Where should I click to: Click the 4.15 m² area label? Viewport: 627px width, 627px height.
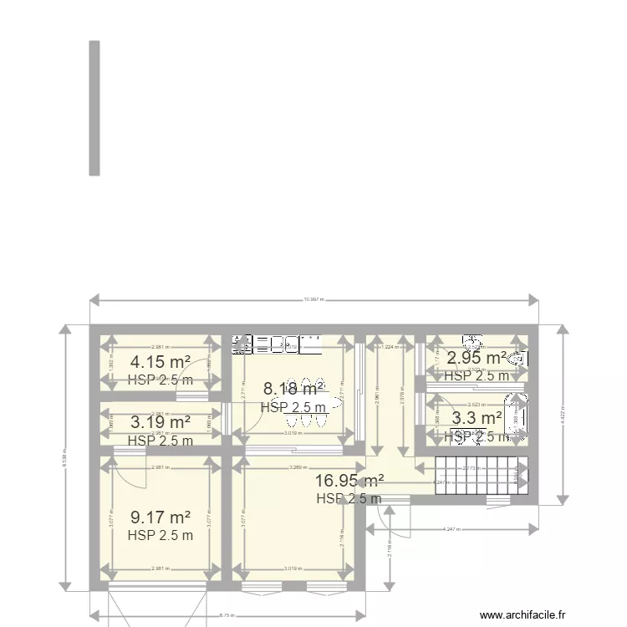tap(160, 362)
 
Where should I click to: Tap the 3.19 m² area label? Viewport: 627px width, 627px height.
tap(160, 422)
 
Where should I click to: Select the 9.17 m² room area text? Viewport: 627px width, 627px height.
tap(160, 517)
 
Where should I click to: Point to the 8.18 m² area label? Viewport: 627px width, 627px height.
tap(293, 389)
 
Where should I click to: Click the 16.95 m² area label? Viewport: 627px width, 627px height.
tap(349, 480)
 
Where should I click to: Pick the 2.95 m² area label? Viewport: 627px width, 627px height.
tap(476, 358)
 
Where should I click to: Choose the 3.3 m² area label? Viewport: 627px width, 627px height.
tap(477, 417)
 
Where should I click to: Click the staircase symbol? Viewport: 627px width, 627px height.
tap(472, 476)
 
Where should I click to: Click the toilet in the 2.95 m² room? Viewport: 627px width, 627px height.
tap(518, 359)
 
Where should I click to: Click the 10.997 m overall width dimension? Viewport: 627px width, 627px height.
tap(314, 299)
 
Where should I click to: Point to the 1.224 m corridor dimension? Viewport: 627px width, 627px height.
tap(388, 347)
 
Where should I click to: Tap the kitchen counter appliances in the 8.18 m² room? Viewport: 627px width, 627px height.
tap(276, 342)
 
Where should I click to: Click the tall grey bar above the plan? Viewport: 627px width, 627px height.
tap(94, 108)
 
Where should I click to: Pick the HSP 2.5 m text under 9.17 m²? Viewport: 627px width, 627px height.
tap(160, 536)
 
